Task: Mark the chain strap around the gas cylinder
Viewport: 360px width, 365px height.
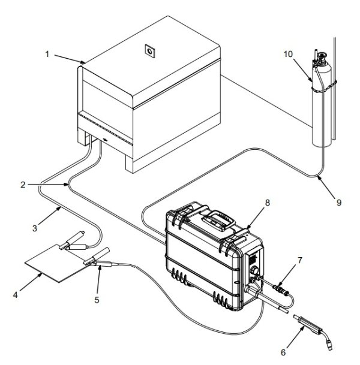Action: pyautogui.click(x=325, y=83)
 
